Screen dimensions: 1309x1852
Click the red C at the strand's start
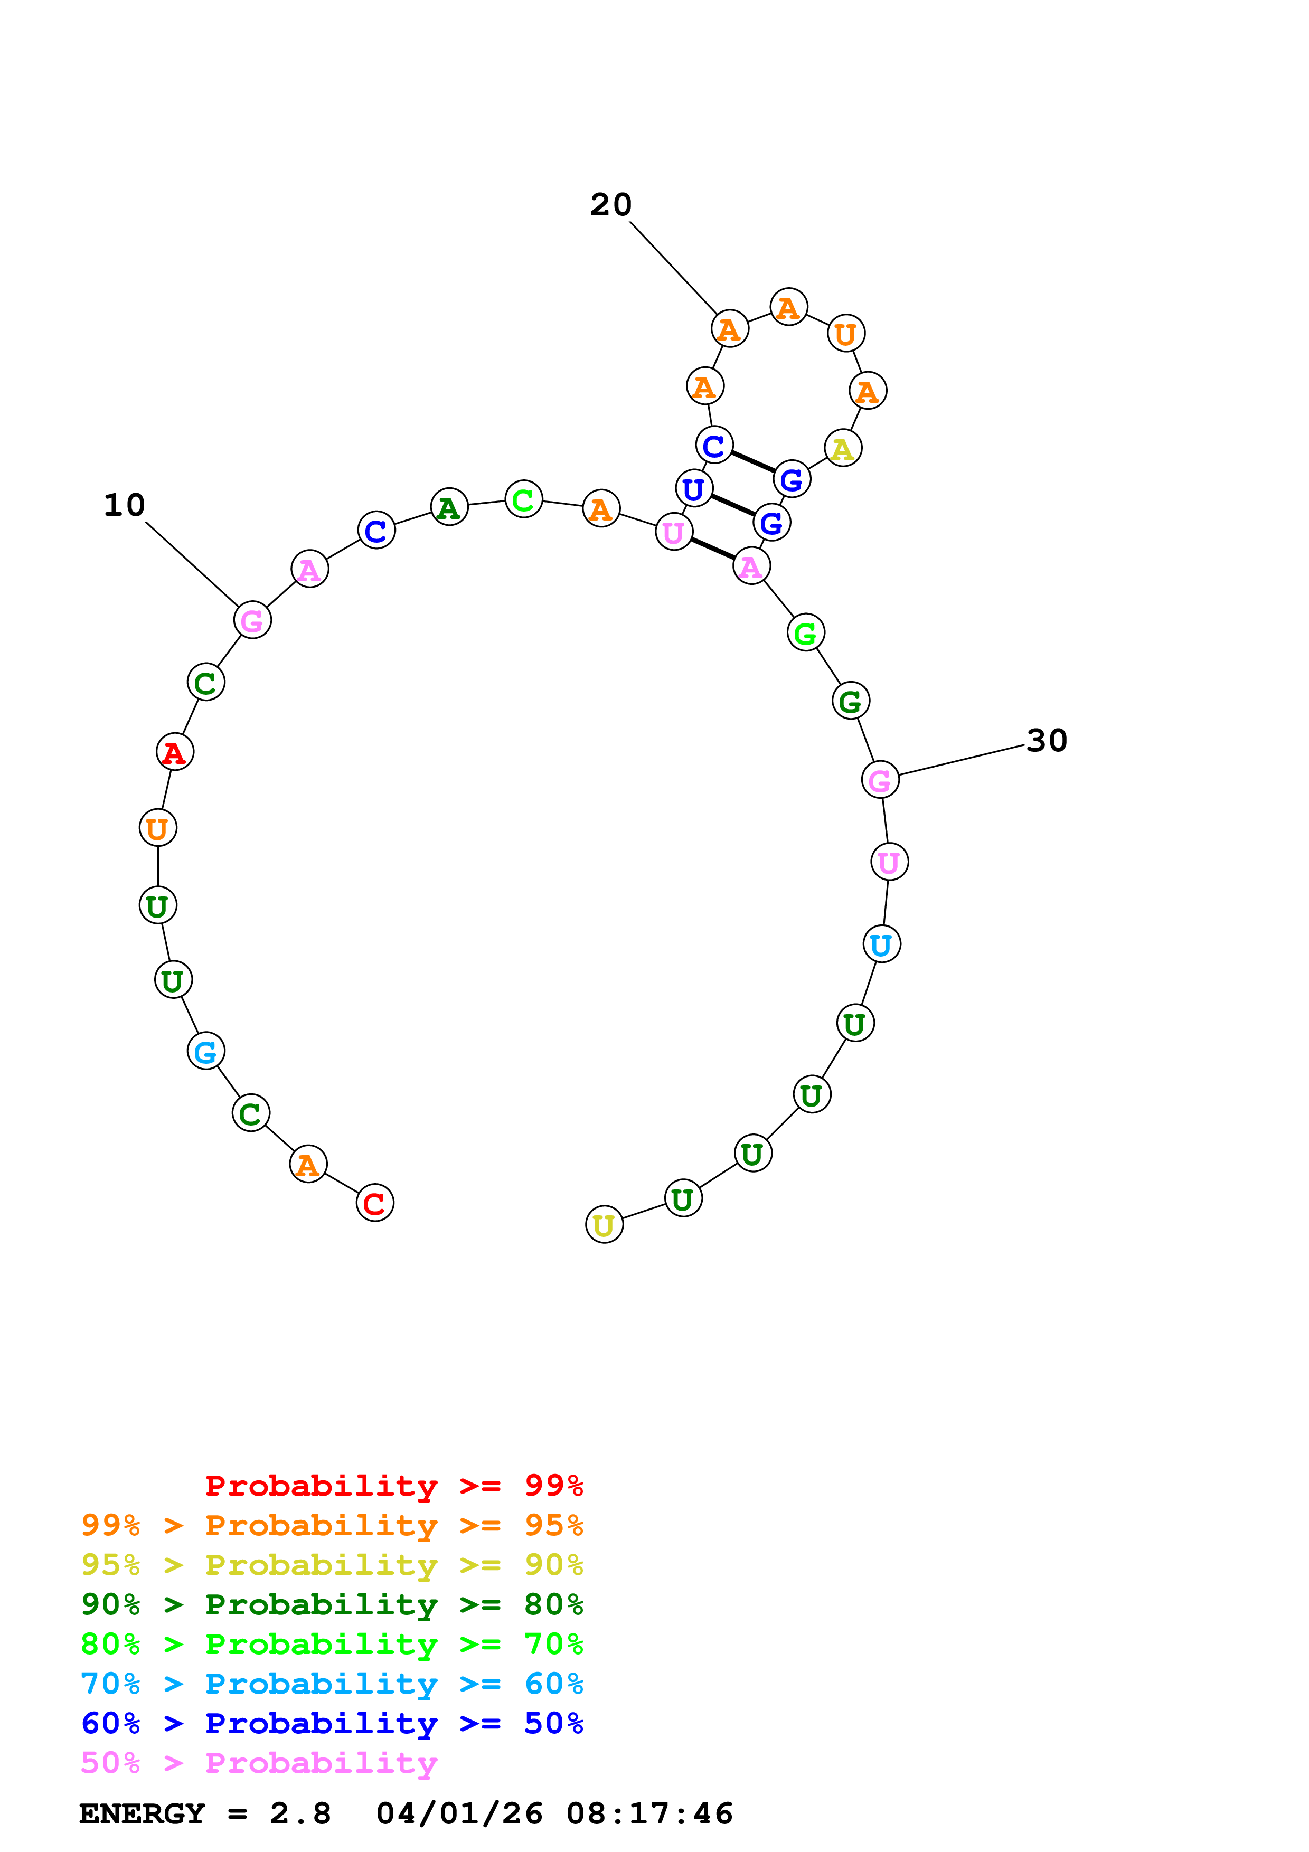click(x=374, y=1203)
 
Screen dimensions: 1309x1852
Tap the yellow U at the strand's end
click(x=604, y=1225)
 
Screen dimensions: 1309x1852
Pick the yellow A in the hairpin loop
click(x=843, y=448)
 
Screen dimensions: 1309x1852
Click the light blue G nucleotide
click(x=205, y=1051)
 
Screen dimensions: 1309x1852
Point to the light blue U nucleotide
click(x=881, y=944)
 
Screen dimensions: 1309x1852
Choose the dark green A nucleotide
click(x=449, y=507)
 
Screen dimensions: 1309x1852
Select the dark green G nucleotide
click(x=851, y=700)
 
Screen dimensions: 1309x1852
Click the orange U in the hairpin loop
click(x=846, y=333)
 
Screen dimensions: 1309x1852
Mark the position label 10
click(x=124, y=505)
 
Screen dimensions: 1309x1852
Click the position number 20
click(x=610, y=205)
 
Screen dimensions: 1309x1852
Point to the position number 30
click(x=1047, y=741)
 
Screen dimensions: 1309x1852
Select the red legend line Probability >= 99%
click(x=393, y=1485)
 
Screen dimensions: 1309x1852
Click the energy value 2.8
click(x=300, y=1814)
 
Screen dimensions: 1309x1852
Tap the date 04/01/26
click(x=459, y=1814)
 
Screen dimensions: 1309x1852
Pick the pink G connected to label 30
click(x=880, y=780)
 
